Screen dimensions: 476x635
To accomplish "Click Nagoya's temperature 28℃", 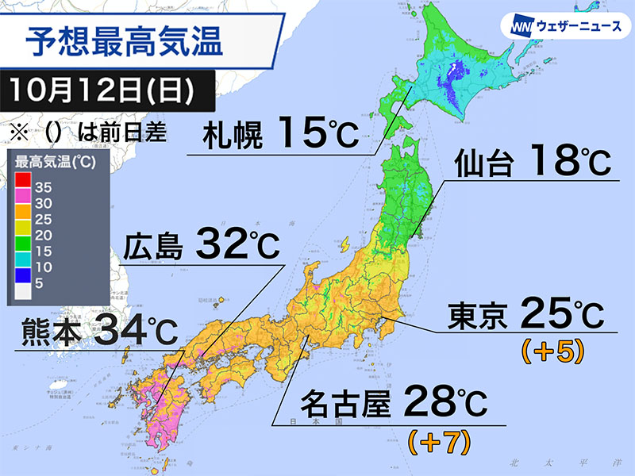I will [x=445, y=406].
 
